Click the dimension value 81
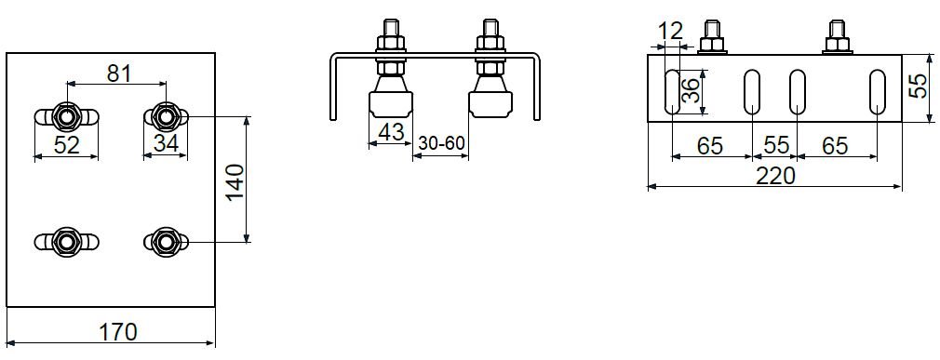tap(119, 73)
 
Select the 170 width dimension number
tap(118, 331)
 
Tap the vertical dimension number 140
tap(235, 181)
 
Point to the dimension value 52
tap(66, 145)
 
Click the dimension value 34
tap(166, 144)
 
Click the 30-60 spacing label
tap(441, 144)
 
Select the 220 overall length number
tap(775, 176)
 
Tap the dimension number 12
tap(670, 31)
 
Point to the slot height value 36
tap(692, 91)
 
